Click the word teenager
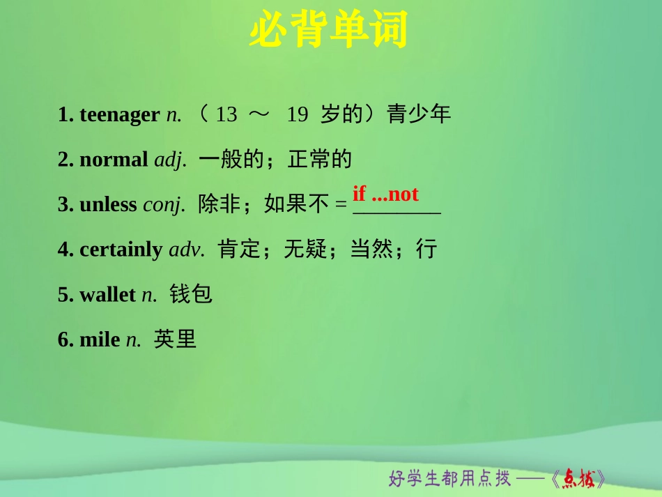(x=119, y=114)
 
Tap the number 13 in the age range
(x=226, y=114)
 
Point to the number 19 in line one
(x=297, y=114)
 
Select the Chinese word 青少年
(x=419, y=114)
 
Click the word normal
(x=114, y=160)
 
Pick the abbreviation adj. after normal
(x=170, y=160)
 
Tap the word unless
(x=108, y=204)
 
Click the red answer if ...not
(x=385, y=193)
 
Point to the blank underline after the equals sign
(x=397, y=211)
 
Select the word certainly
(x=121, y=250)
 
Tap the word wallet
(x=107, y=294)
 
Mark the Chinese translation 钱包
(x=190, y=294)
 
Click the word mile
(x=100, y=339)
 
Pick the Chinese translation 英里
(x=175, y=339)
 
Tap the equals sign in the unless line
(x=341, y=205)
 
